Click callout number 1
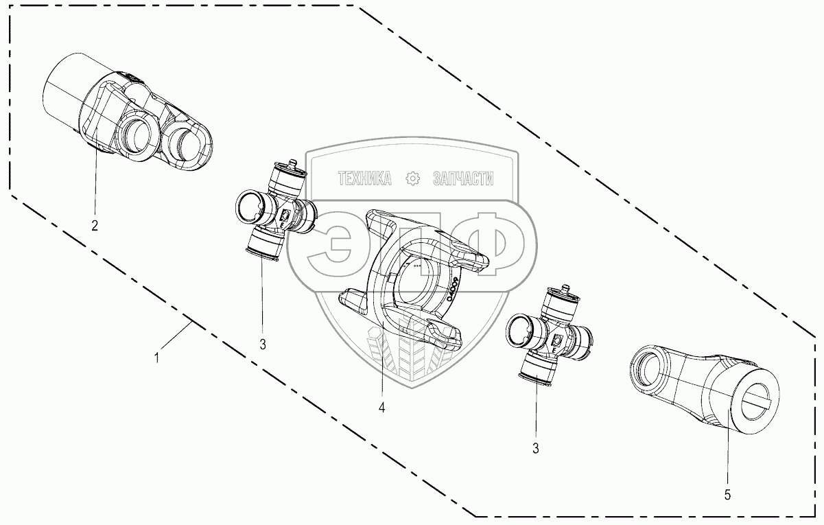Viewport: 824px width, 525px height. [x=157, y=358]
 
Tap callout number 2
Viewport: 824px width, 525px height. [x=95, y=224]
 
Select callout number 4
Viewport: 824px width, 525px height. [x=381, y=408]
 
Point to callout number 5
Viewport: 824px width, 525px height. [x=728, y=493]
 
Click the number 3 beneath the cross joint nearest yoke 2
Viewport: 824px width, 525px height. [x=263, y=345]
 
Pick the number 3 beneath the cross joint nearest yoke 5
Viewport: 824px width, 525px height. [x=535, y=449]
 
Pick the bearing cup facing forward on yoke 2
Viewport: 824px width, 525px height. [x=136, y=135]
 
